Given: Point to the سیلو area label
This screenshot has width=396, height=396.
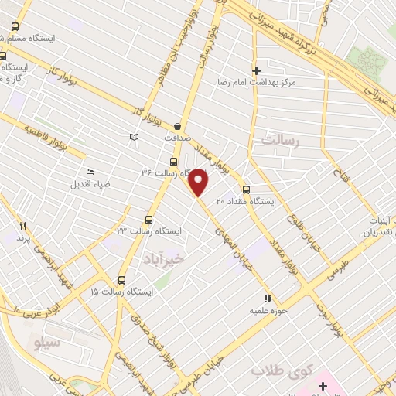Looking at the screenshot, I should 44,341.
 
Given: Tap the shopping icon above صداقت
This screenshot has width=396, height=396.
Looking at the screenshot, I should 178,126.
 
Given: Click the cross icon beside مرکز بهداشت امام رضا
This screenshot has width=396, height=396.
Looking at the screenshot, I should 267,70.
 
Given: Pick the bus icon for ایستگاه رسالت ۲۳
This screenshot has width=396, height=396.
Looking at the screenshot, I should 149,220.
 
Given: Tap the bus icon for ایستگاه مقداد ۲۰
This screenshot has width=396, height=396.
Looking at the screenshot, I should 246,189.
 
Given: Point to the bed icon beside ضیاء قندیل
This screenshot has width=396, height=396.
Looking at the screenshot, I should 90,172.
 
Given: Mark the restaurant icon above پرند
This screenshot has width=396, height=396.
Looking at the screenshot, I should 22,226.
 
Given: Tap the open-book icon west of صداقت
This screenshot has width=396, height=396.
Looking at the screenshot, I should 135,137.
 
